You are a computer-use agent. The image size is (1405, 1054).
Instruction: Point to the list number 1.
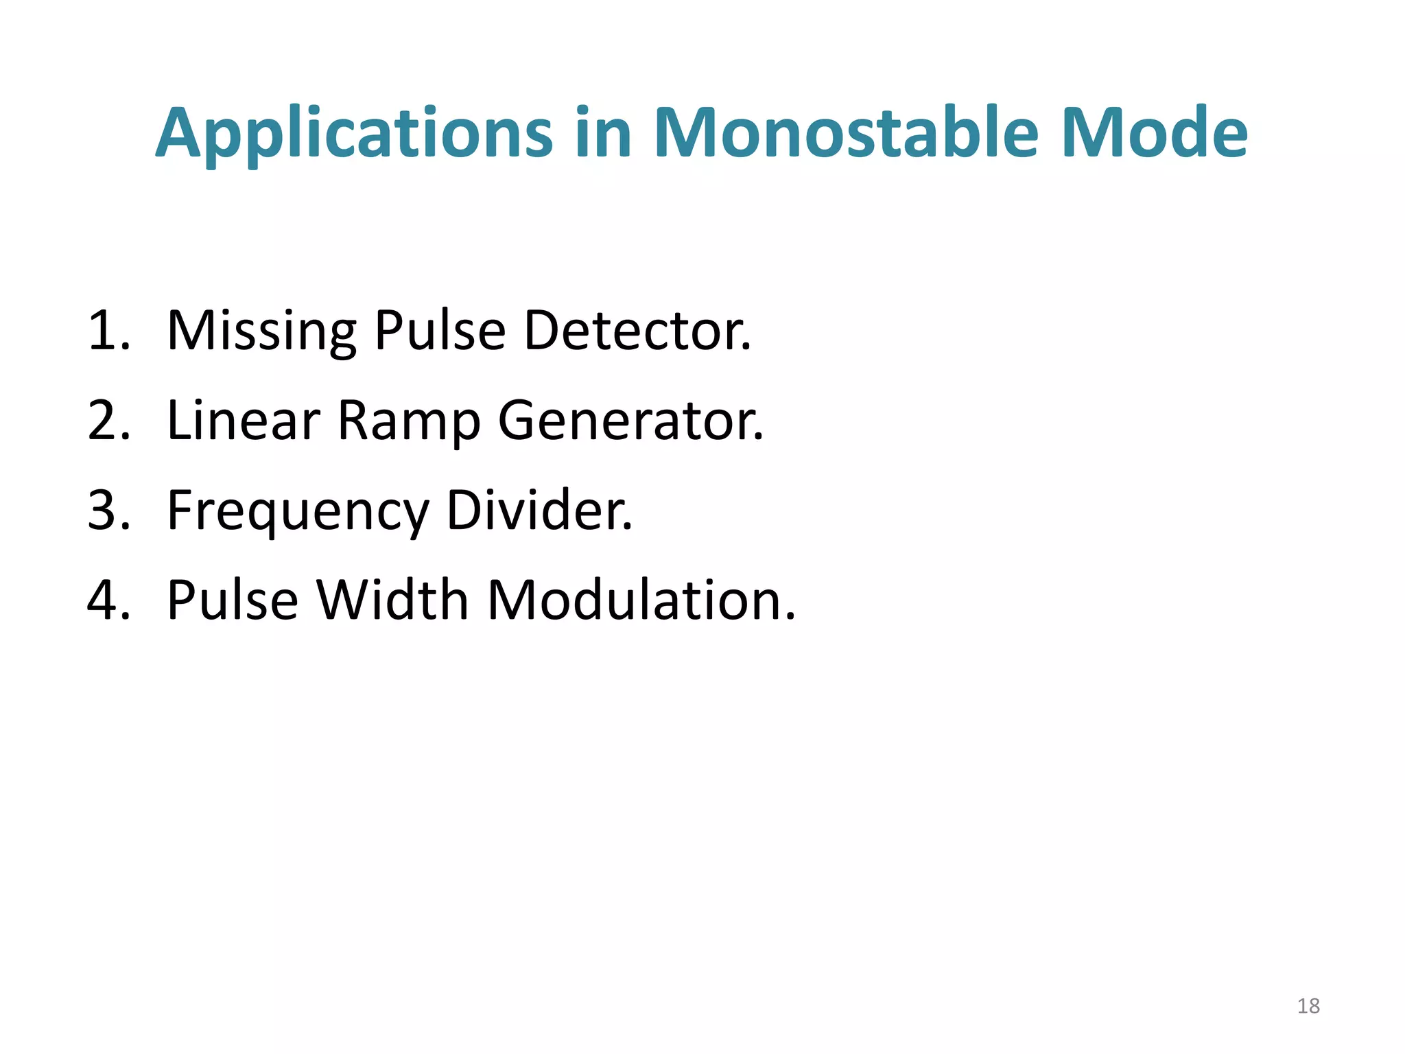pos(108,331)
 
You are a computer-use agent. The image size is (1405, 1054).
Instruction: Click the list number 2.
pos(108,421)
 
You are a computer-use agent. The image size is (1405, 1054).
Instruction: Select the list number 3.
pos(108,511)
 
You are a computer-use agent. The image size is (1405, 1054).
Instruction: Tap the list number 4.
pos(108,600)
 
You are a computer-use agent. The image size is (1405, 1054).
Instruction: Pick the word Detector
pos(637,331)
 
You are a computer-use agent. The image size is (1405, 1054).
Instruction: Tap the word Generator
pos(630,421)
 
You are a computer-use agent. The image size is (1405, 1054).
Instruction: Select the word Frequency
pos(298,512)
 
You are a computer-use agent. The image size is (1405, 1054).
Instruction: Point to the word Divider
pos(539,511)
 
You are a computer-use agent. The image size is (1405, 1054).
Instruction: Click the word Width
pos(392,600)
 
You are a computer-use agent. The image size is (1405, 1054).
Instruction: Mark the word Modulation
pos(641,600)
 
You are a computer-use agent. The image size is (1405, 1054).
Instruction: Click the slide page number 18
pos(1308,1006)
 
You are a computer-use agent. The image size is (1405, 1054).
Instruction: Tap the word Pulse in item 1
pos(440,331)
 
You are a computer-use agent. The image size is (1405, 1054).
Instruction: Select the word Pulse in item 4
pos(233,600)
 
